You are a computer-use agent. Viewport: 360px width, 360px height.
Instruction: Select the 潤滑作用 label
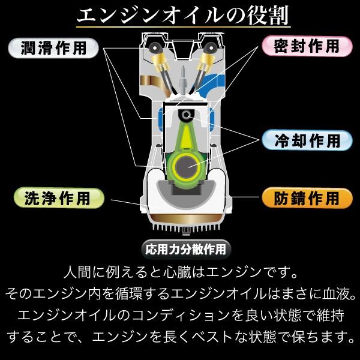click(52, 47)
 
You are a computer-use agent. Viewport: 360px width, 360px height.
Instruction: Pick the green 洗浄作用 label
click(58, 197)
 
